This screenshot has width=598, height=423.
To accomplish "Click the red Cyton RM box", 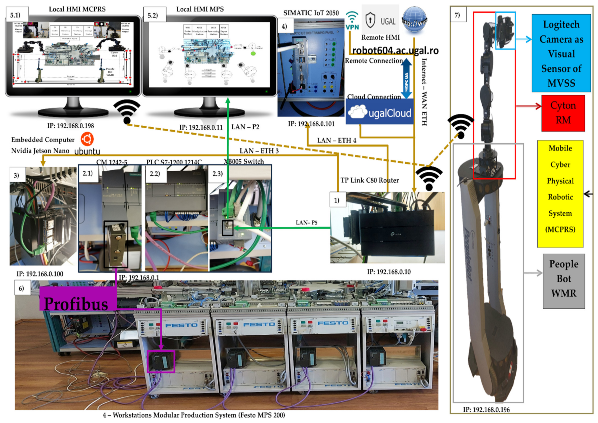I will tap(563, 113).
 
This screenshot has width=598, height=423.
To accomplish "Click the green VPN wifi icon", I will tap(352, 21).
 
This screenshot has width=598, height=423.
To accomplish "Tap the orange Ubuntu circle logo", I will tap(87, 139).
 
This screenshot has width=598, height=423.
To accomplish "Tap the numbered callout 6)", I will tap(21, 288).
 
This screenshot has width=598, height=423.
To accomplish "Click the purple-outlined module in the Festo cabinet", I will tap(161, 361).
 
